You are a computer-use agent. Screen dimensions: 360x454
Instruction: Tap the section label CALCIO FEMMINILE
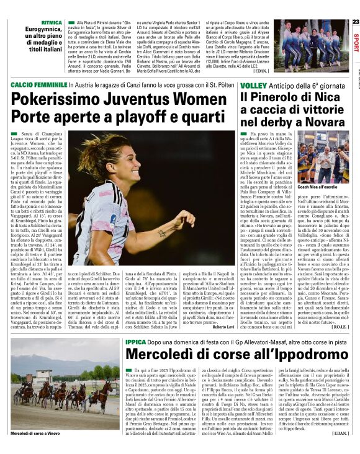pyautogui.click(x=37, y=84)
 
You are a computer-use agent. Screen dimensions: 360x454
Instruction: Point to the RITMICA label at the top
pyautogui.click(x=35, y=22)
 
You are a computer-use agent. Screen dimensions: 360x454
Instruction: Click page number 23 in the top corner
pyautogui.click(x=355, y=22)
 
